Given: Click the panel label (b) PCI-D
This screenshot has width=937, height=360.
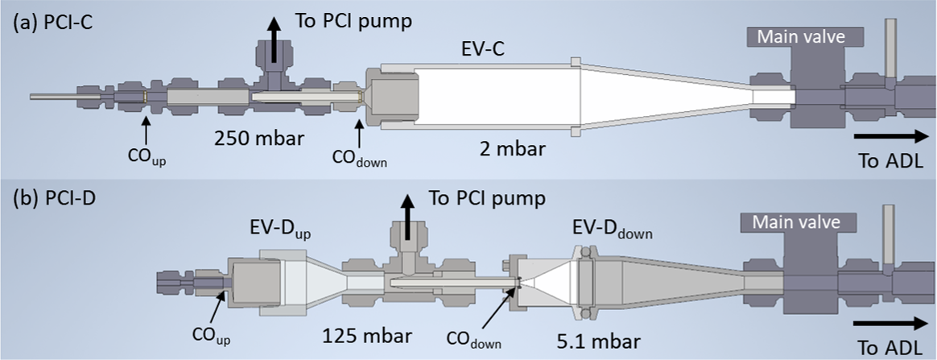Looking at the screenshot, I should point(51,199).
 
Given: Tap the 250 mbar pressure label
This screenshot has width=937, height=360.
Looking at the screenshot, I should point(259,139).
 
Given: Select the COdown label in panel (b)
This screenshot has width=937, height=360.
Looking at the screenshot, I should point(477,341).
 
